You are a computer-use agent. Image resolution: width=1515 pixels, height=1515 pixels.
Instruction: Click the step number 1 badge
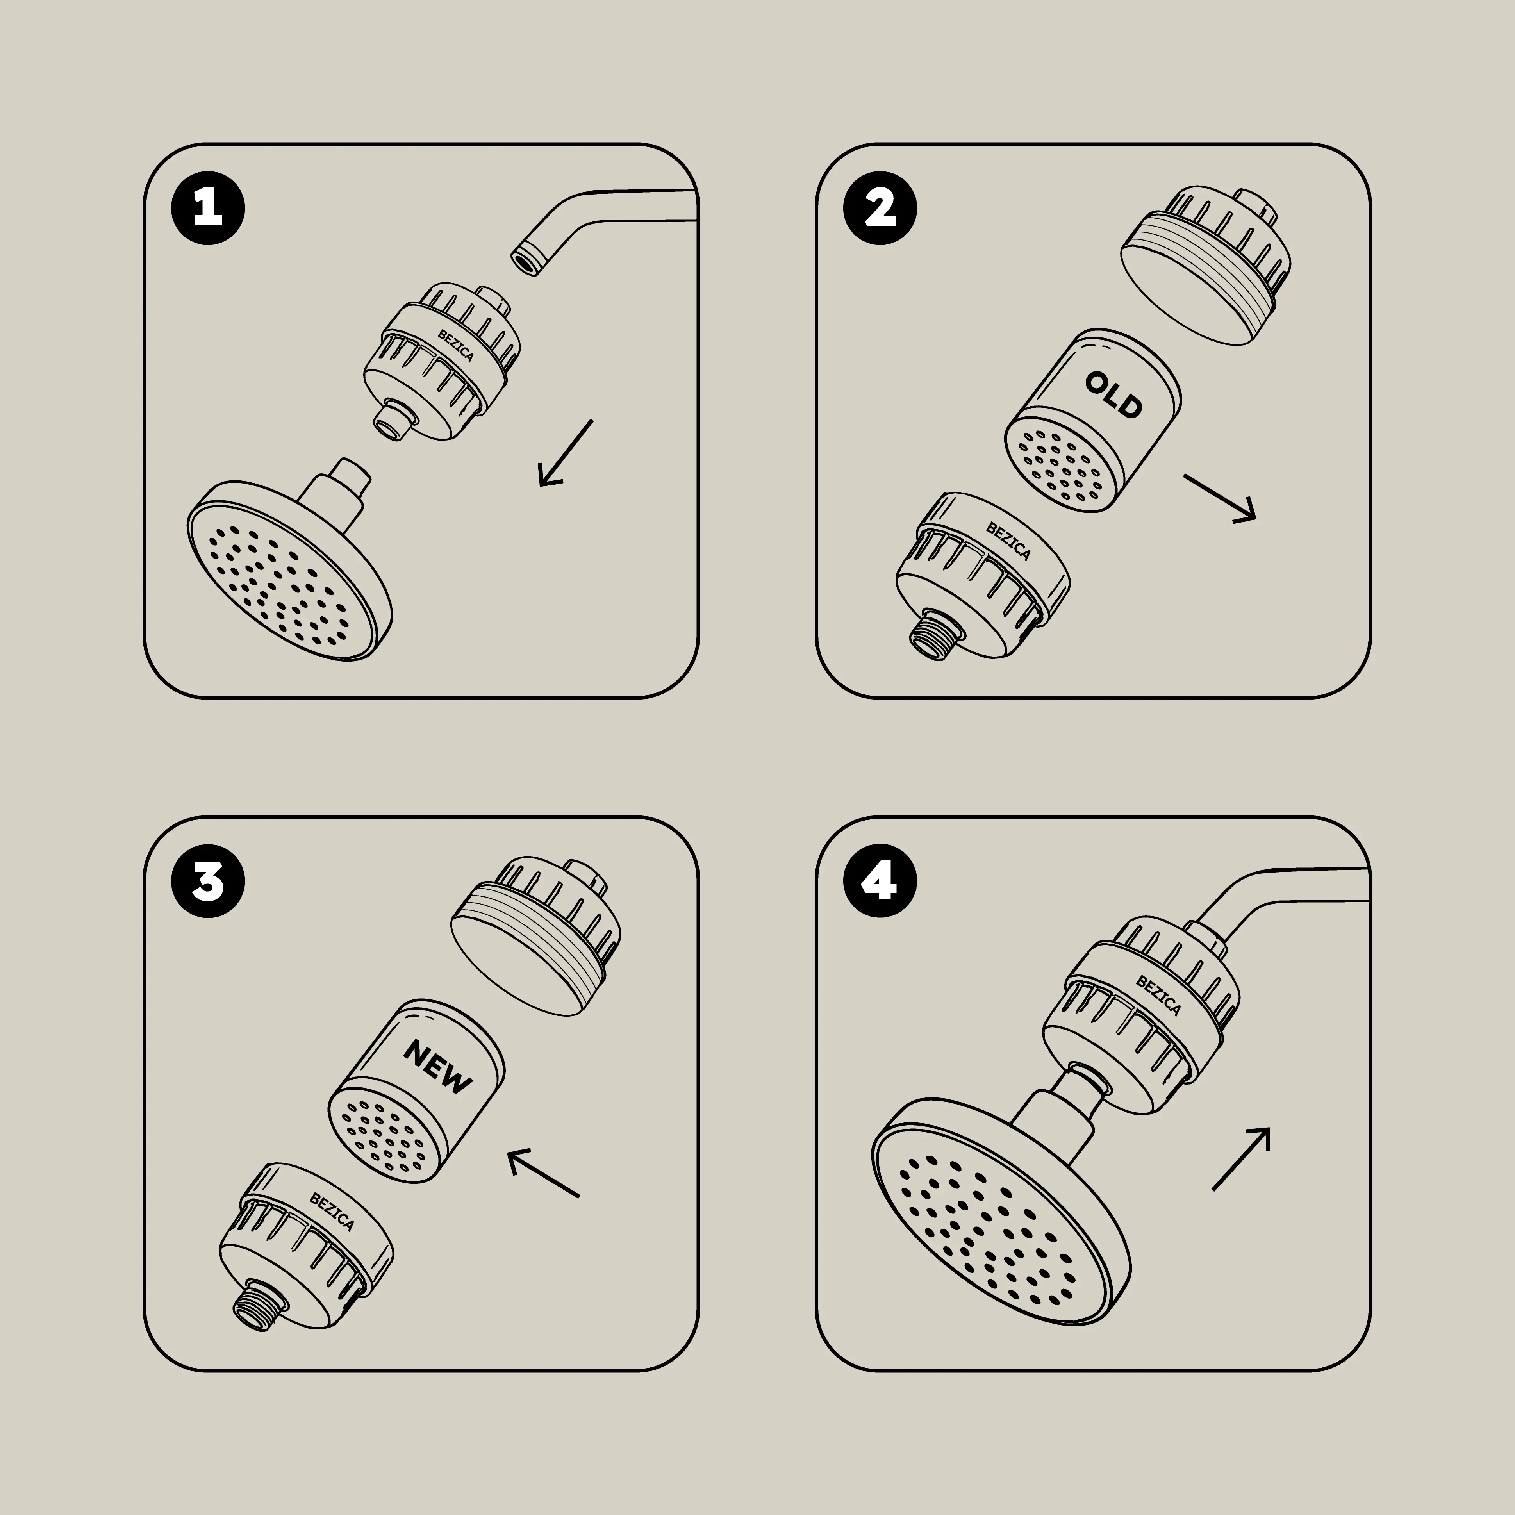pyautogui.click(x=208, y=209)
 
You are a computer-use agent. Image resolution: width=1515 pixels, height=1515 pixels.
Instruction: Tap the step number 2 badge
pyautogui.click(x=880, y=209)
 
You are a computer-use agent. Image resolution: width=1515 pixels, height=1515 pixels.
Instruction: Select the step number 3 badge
pyautogui.click(x=208, y=882)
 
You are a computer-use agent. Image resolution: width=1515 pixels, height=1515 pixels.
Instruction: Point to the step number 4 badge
pyautogui.click(x=880, y=882)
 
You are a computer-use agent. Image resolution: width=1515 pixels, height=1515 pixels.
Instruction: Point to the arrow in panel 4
pyautogui.click(x=1241, y=1159)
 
